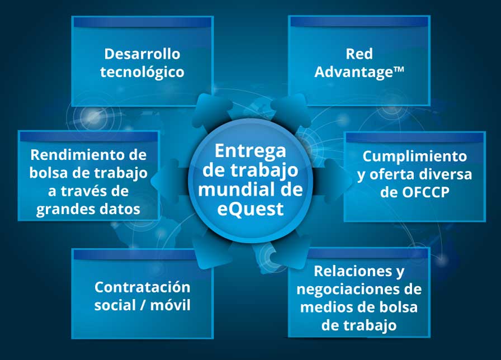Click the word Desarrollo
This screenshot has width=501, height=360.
(142, 54)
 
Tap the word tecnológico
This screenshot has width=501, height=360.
(142, 72)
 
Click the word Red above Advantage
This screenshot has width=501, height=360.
(359, 54)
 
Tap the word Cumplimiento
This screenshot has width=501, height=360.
(414, 156)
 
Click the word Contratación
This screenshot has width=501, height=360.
(142, 287)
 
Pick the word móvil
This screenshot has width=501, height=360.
(171, 305)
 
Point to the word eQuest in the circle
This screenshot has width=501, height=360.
(250, 210)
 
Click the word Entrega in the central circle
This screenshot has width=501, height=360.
(250, 151)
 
